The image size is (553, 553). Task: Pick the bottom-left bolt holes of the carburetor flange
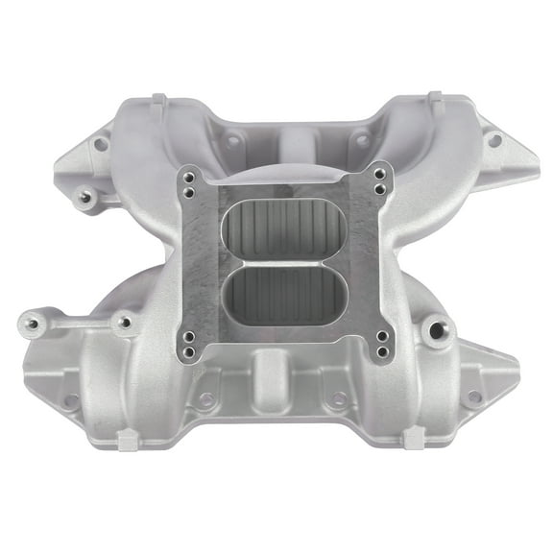pyautogui.click(x=190, y=343)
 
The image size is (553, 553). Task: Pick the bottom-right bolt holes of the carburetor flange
pyautogui.click(x=382, y=343)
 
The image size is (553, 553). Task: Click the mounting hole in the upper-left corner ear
pyautogui.click(x=99, y=144)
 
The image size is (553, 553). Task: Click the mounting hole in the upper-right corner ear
pyautogui.click(x=494, y=140)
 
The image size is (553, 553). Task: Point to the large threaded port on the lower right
pyautogui.click(x=440, y=330)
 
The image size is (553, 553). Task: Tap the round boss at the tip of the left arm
pyautogui.click(x=32, y=325)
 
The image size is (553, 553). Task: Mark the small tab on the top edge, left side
pyautogui.click(x=159, y=101)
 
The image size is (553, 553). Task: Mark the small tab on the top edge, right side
pyautogui.click(x=435, y=99)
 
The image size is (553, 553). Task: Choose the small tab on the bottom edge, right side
pyautogui.click(x=415, y=438)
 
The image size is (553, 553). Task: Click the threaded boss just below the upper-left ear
pyautogui.click(x=85, y=197)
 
